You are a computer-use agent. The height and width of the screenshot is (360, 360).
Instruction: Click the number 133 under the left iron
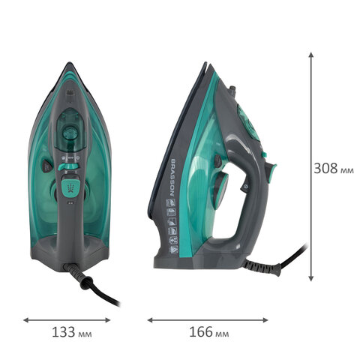click(x=63, y=332)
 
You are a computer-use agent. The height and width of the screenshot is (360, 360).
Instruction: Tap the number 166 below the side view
click(x=201, y=332)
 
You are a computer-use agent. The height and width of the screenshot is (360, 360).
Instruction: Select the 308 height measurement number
click(x=325, y=168)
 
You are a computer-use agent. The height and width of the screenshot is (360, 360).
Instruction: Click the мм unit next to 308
click(x=347, y=170)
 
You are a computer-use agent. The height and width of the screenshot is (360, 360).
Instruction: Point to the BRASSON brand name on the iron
click(x=172, y=177)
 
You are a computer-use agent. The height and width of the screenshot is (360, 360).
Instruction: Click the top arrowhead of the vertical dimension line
click(x=310, y=55)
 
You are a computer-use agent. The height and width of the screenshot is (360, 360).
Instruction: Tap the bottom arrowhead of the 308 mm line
click(x=310, y=278)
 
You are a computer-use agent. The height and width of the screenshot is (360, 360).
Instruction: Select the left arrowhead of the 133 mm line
click(x=26, y=320)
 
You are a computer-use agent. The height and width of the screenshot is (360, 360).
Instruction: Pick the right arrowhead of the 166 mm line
click(x=265, y=320)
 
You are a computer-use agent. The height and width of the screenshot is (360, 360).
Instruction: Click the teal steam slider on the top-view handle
click(x=68, y=166)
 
